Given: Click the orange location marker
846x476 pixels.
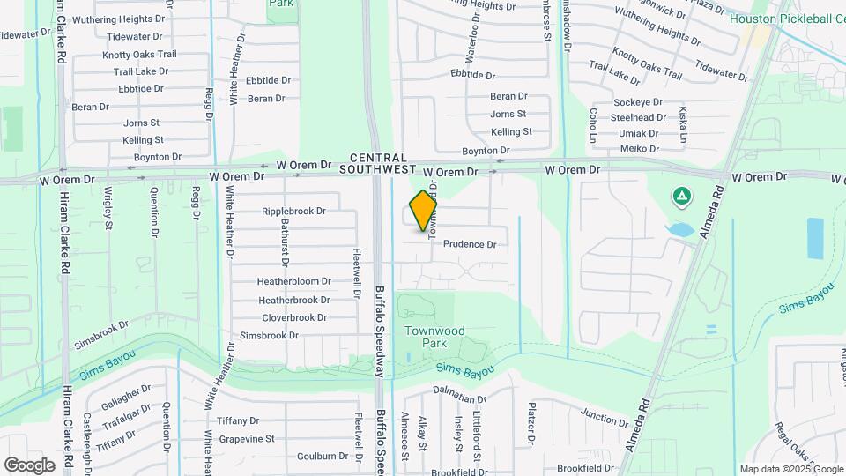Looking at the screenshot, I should [424, 210].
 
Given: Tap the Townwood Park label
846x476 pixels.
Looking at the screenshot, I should [434, 336].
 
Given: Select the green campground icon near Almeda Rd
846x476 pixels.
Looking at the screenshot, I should [680, 196].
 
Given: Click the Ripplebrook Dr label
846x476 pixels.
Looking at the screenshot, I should [294, 212].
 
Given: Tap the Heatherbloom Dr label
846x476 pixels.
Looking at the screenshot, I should [293, 282].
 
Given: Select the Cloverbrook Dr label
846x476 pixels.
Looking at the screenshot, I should [294, 317].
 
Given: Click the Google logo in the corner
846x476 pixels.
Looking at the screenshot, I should [29, 465].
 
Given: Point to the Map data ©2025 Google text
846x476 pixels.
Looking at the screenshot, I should [790, 469].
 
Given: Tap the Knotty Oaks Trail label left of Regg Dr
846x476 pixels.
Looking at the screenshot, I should [139, 55].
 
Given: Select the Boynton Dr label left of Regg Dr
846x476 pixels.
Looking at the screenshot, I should [158, 157].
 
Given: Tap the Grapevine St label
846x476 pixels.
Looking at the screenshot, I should [248, 438].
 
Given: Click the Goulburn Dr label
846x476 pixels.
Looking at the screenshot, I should [323, 456].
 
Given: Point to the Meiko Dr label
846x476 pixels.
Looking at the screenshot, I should [640, 148].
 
